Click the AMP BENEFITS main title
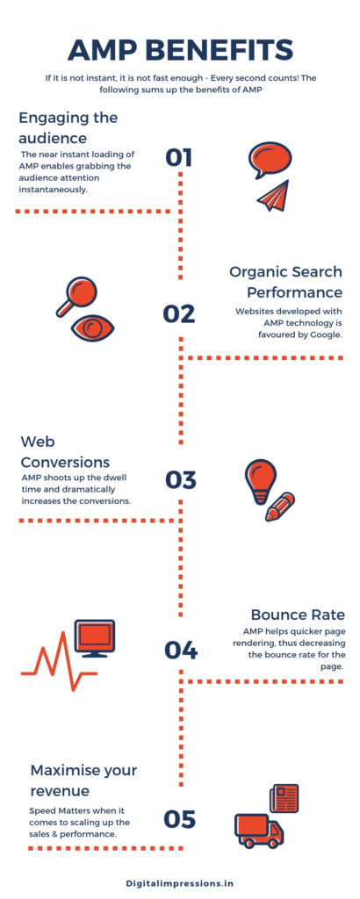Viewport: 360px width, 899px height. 180,50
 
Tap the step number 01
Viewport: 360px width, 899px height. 179,158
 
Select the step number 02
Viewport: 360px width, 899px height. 179,313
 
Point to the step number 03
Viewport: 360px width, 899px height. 181,480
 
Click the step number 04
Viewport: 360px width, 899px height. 181,651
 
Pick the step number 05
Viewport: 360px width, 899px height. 180,819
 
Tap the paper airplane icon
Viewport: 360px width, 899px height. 273,196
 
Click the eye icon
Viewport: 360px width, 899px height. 92,327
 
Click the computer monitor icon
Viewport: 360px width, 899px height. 95,638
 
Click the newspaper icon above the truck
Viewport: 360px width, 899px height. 284,798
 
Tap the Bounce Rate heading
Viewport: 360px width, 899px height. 298,615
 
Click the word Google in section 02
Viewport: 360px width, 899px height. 326,335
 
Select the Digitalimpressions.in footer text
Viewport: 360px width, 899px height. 179,883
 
